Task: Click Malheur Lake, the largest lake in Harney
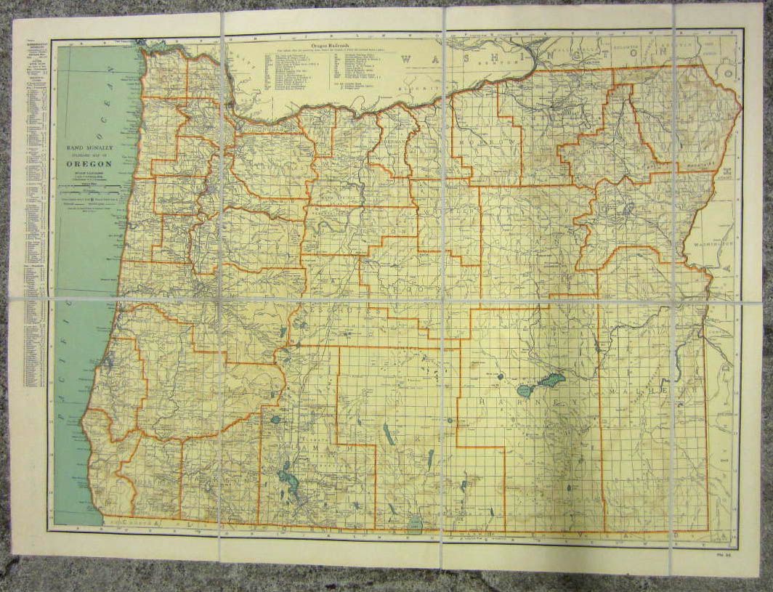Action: [549, 382]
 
